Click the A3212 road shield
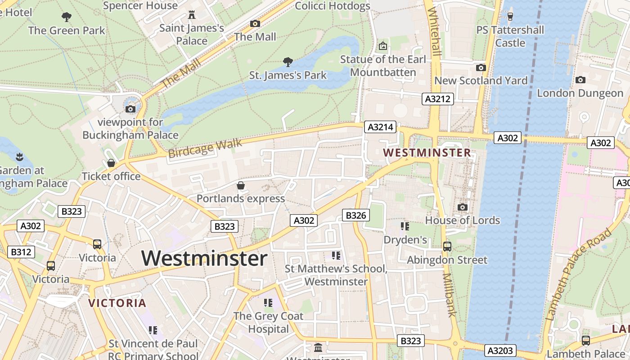point(437,99)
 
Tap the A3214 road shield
point(381,127)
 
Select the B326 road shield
point(355,216)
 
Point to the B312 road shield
point(21,252)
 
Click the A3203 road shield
point(500,351)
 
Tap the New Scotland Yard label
point(481,81)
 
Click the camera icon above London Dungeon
point(580,80)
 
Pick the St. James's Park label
point(288,75)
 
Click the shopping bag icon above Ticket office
point(111,163)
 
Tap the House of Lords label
point(463,220)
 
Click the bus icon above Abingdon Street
point(447,246)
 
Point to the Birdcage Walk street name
point(205,148)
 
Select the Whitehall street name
point(435,31)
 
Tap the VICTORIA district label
point(117,303)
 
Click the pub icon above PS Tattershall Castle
point(510,17)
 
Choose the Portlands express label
point(241,198)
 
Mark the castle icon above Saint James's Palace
point(192,15)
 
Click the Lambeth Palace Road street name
point(579,274)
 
